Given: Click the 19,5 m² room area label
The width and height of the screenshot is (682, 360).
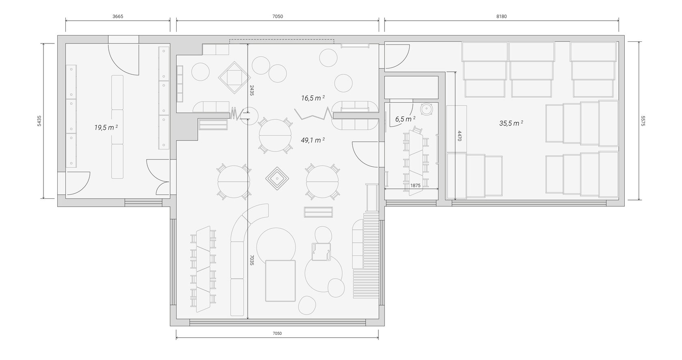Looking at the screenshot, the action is (106, 127).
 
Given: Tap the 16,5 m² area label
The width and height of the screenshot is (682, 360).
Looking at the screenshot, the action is (313, 98).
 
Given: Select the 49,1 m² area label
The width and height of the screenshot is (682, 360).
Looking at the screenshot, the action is (313, 140).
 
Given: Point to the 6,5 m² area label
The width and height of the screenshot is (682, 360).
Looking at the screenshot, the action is (405, 119).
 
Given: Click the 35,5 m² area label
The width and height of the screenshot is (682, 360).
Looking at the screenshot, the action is (511, 123).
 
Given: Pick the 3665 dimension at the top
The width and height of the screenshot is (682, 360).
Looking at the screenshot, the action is (118, 16).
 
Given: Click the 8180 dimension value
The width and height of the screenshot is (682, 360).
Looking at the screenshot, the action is (501, 16).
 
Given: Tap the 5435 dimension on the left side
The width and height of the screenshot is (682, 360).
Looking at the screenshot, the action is (39, 121).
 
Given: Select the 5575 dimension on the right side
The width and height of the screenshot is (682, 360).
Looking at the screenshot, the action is (643, 121).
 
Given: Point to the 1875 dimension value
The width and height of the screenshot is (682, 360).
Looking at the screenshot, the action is (415, 185).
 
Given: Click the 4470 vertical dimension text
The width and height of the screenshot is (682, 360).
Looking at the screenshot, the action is (460, 136).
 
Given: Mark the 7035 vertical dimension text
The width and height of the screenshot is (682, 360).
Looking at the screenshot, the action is (252, 260).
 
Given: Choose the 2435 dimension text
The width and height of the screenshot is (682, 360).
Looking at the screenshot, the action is (252, 91).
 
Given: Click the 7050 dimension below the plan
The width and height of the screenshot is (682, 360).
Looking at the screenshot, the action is (277, 333).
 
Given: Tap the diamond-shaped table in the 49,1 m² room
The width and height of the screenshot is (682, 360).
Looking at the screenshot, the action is (277, 178).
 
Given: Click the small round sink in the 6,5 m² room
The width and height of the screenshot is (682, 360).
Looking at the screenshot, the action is (427, 109).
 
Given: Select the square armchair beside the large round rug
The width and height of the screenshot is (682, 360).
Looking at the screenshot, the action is (321, 252).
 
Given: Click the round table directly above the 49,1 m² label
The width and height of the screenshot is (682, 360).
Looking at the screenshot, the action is (275, 136).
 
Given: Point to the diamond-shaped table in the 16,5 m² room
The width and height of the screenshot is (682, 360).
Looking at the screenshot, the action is (234, 77).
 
